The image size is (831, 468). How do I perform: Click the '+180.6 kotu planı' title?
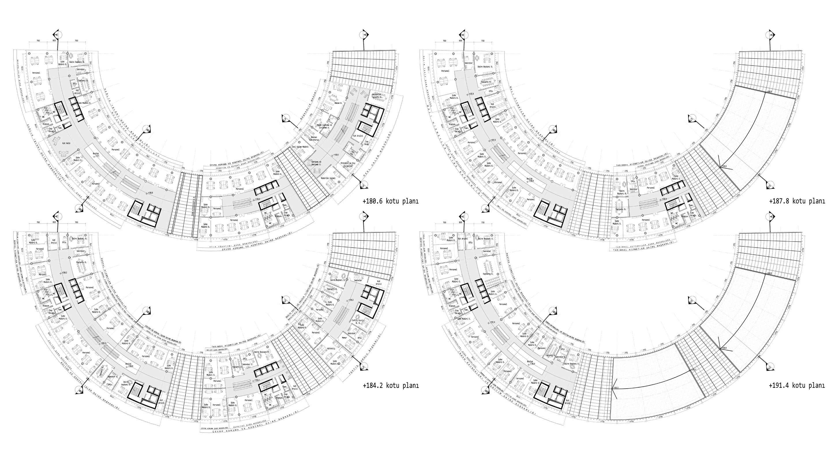pyautogui.click(x=390, y=201)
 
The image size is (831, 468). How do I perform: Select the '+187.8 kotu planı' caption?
pyautogui.click(x=797, y=201)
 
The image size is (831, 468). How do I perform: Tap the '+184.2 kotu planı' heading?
pyautogui.click(x=391, y=385)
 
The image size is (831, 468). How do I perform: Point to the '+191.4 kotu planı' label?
pyautogui.click(x=797, y=385)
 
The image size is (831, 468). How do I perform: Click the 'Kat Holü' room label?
pyautogui.click(x=66, y=143)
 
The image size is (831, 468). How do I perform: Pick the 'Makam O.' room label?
pyautogui.click(x=338, y=103)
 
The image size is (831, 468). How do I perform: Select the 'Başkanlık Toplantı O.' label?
pyautogui.click(x=377, y=96)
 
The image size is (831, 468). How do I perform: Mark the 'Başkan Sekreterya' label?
pyautogui.click(x=314, y=138)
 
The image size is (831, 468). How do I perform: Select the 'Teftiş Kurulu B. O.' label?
pyautogui.click(x=358, y=321)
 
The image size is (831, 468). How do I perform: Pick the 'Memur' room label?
pyautogui.click(x=344, y=337)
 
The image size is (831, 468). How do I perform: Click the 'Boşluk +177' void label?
pyautogui.click(x=96, y=154)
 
